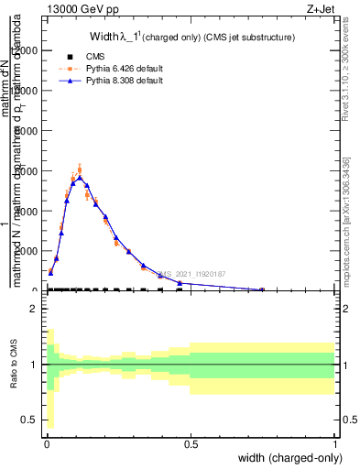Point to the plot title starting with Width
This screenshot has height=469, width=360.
191,38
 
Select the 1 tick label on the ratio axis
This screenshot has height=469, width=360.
33,365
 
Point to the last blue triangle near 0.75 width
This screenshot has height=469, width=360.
263,289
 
